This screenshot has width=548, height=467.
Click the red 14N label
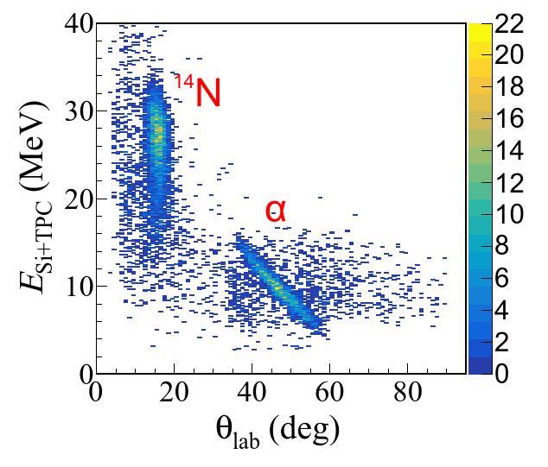tap(197, 92)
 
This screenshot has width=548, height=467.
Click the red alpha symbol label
tap(275, 210)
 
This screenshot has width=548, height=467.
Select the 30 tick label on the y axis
tap(80, 110)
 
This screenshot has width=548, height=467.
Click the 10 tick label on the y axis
tap(80, 286)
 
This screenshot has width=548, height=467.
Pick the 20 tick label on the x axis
tap(175, 393)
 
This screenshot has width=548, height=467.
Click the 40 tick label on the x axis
tap(252, 393)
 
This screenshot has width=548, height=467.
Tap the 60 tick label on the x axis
tap(330, 393)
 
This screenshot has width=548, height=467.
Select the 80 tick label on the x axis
tap(408, 393)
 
